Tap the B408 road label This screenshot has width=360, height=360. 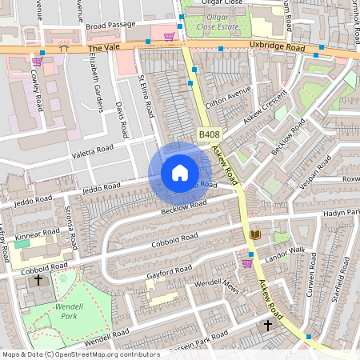click(x=209, y=135)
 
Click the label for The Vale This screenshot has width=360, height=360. click(x=102, y=48)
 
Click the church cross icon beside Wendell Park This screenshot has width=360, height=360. click(x=38, y=280)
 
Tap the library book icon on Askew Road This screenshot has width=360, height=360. click(x=255, y=234)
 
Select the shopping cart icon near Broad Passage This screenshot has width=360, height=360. click(x=169, y=35)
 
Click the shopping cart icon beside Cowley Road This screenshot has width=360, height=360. click(x=38, y=61)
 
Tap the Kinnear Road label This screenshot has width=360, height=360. click(x=37, y=234)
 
